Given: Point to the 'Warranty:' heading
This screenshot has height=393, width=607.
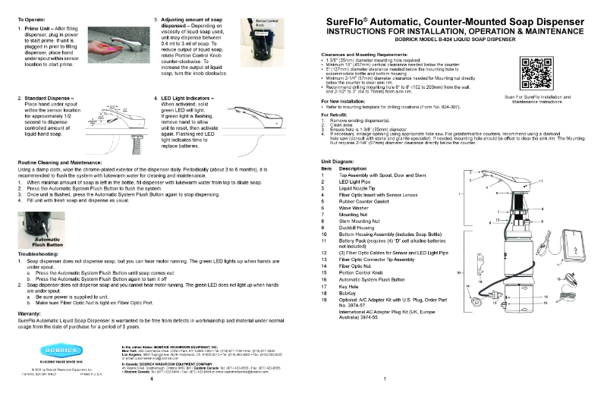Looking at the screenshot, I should pos(28,313).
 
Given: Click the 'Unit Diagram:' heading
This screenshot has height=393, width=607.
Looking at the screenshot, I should pos(338,162).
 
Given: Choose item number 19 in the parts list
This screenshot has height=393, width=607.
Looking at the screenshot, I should pos(324,301).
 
